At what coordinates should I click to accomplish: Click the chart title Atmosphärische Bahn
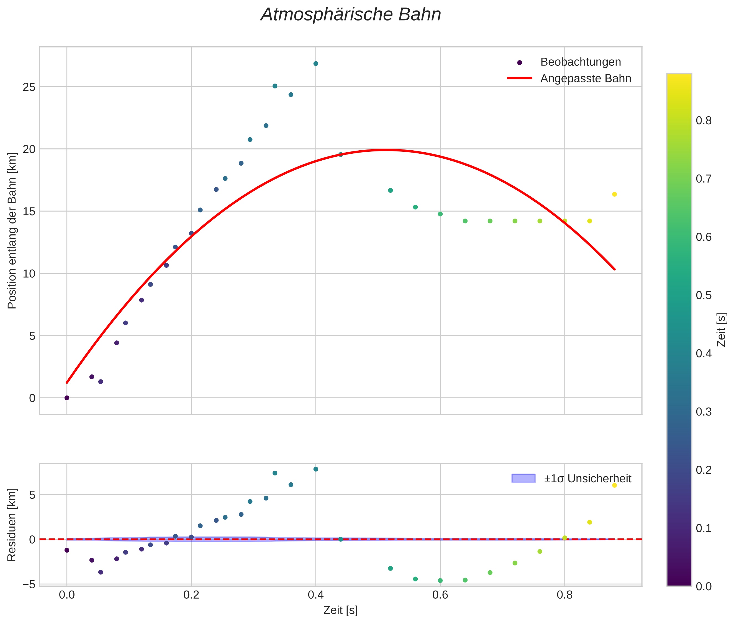pos(351,15)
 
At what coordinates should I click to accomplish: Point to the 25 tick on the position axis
pos(29,87)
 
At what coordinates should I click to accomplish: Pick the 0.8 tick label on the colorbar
pos(704,120)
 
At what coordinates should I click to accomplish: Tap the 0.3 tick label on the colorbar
pos(704,412)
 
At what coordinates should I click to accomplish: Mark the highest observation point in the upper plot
pos(316,64)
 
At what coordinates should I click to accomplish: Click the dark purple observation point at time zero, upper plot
pos(67,398)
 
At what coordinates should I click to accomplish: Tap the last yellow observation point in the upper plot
pos(614,194)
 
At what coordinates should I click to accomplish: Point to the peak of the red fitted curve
pos(386,150)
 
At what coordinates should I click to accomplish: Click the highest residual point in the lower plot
pos(316,469)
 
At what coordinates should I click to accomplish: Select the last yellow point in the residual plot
pos(614,485)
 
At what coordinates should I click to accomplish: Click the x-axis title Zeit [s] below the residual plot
pos(340,610)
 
